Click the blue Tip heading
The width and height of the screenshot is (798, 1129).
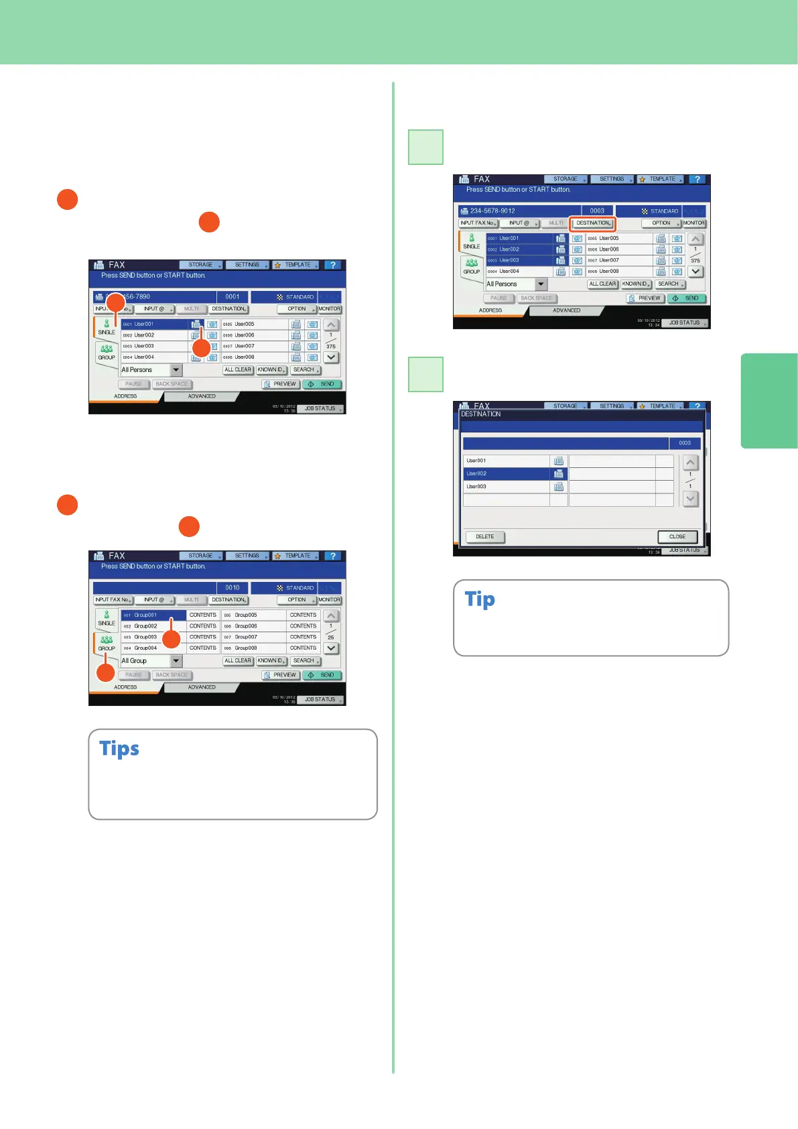click(480, 599)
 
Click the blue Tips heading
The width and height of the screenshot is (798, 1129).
click(119, 748)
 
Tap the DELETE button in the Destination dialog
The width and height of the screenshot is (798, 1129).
click(485, 537)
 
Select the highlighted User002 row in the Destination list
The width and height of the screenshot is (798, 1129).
click(507, 474)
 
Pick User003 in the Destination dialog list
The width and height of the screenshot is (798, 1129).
click(507, 487)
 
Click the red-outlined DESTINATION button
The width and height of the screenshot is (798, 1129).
click(593, 223)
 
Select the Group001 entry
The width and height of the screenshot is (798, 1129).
click(153, 615)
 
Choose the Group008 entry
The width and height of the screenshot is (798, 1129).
click(253, 648)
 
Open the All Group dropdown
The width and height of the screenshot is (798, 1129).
click(176, 661)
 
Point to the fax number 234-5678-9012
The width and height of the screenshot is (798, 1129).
click(492, 211)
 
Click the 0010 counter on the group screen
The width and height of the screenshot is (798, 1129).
click(232, 588)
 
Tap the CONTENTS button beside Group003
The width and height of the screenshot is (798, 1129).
click(202, 637)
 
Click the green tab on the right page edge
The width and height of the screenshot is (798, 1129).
click(769, 400)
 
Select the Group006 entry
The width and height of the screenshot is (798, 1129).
click(253, 626)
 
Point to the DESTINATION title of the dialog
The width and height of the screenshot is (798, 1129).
click(481, 414)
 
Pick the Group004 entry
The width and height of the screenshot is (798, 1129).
click(153, 648)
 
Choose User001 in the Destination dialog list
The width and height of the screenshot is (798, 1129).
click(507, 461)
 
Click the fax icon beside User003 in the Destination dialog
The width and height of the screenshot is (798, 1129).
click(559, 487)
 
